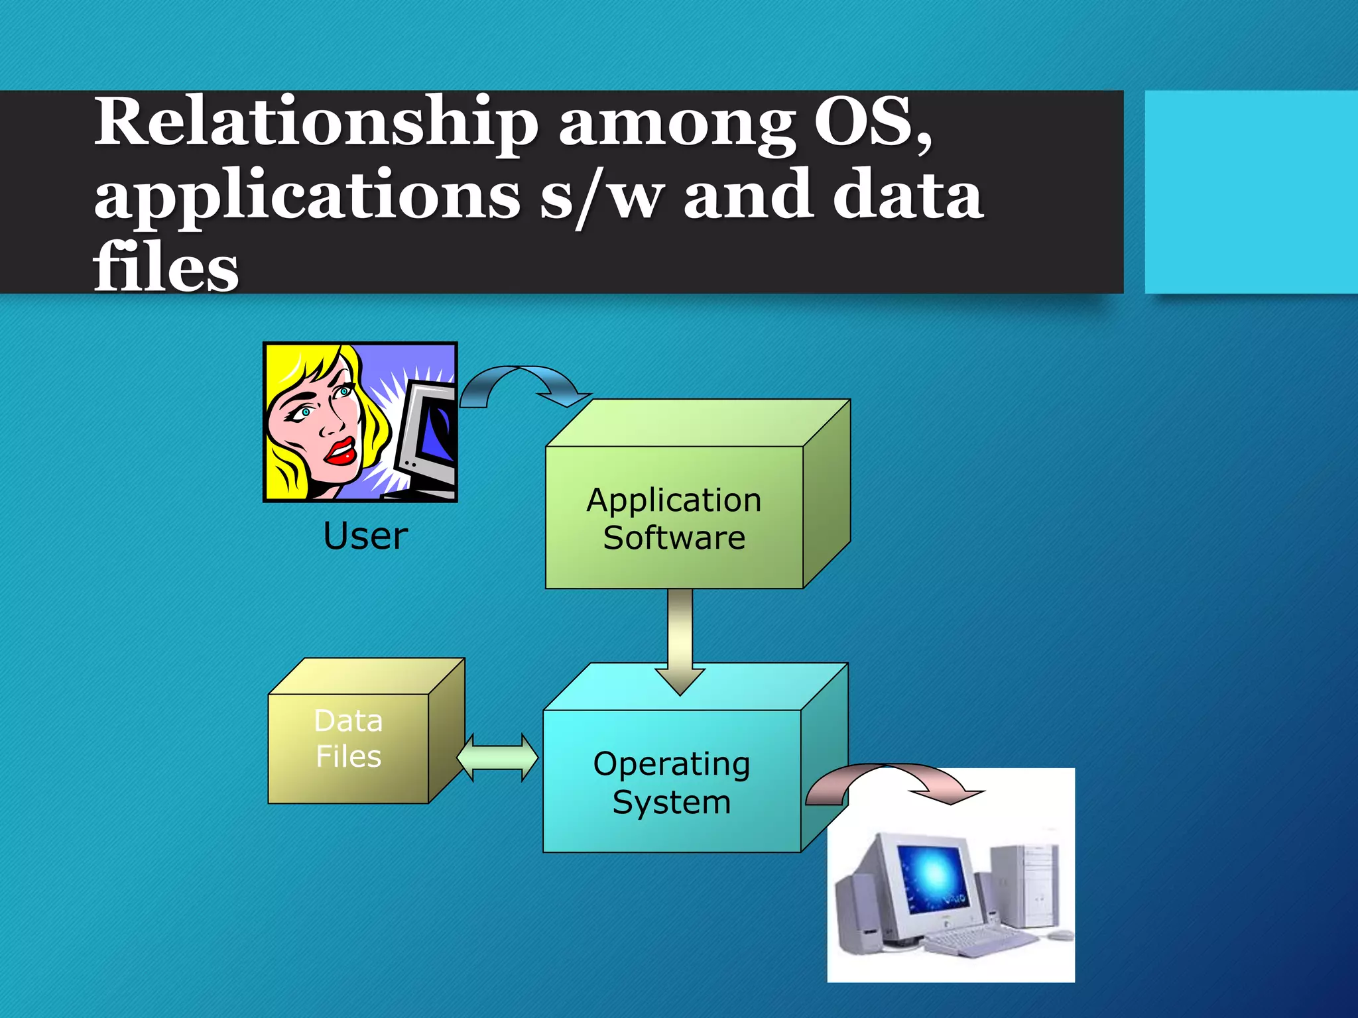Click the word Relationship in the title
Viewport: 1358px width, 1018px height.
315,123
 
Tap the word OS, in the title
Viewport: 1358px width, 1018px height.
872,123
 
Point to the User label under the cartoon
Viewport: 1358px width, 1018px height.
365,536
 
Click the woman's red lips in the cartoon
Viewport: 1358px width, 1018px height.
341,451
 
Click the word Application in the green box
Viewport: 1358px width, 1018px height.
674,500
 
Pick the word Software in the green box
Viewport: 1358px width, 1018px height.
674,537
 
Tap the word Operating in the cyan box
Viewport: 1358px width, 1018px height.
672,764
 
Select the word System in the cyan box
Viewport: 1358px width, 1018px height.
672,802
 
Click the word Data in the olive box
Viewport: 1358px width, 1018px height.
348,721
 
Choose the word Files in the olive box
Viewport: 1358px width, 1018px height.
348,756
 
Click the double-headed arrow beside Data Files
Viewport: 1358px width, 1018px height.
497,758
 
